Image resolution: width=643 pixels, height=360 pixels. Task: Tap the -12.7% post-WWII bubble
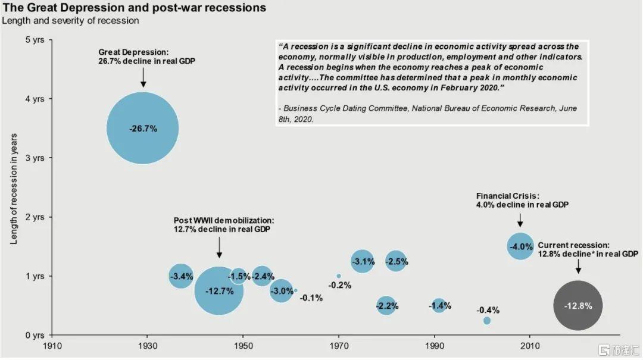click(219, 290)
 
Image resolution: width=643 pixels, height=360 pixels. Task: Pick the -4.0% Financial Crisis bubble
click(520, 246)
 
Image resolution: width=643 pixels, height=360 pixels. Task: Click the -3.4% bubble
click(181, 276)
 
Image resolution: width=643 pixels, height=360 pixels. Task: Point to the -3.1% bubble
click(363, 261)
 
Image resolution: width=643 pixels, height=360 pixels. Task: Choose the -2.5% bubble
click(396, 261)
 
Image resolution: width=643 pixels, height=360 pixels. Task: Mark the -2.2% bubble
click(386, 306)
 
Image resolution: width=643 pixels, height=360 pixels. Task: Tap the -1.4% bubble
click(439, 306)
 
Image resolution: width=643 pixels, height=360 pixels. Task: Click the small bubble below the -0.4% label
click(487, 321)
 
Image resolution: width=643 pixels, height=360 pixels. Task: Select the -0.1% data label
click(311, 298)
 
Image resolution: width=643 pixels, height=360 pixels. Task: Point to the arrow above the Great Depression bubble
click(143, 77)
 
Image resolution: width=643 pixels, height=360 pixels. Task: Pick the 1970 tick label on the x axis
click(339, 346)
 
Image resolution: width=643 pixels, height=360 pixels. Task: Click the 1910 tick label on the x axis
click(52, 346)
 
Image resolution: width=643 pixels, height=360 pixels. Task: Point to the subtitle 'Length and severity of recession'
click(70, 21)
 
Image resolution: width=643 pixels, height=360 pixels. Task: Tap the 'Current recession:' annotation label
click(573, 245)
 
